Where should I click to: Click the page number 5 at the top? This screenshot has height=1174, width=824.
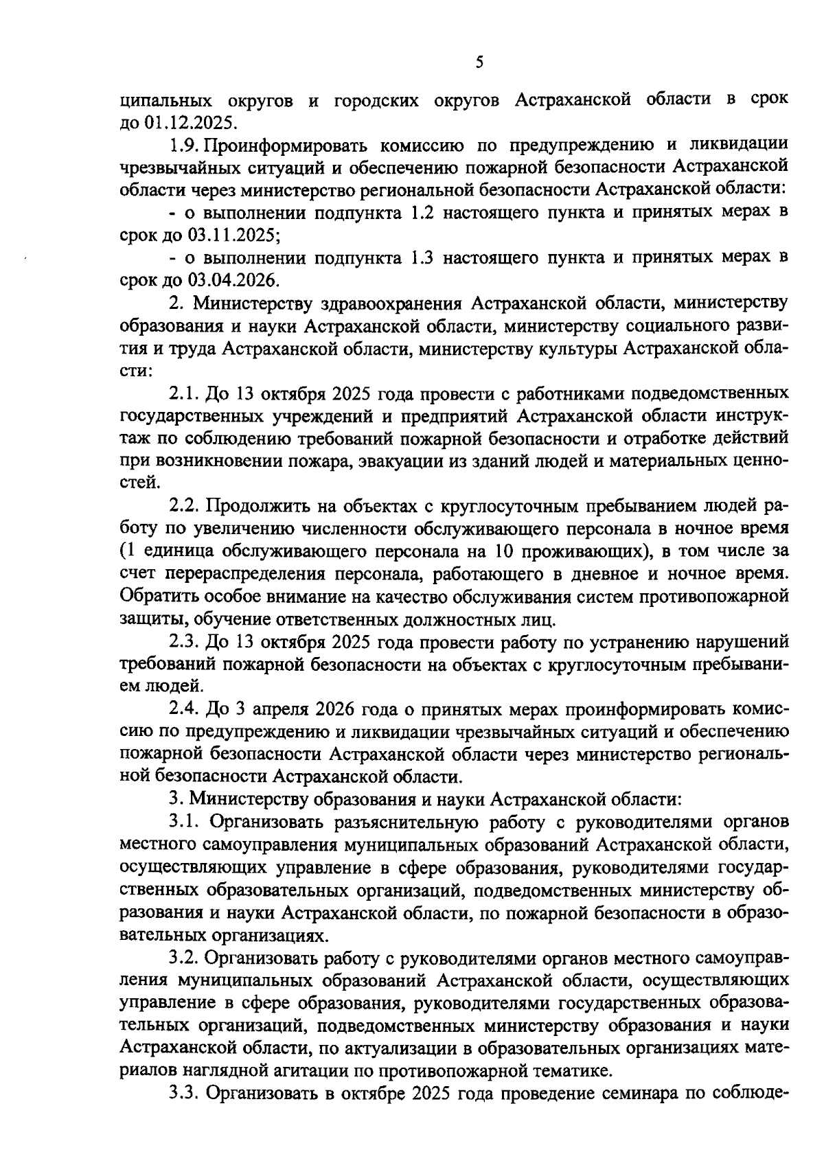(x=479, y=63)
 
